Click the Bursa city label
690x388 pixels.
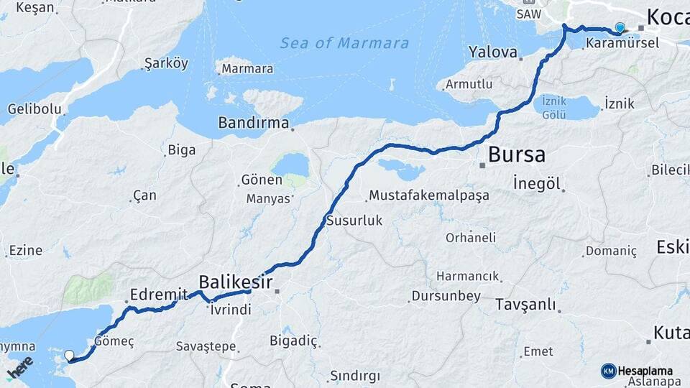(x=516, y=154)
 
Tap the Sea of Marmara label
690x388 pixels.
(x=344, y=43)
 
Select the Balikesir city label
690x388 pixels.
(x=235, y=281)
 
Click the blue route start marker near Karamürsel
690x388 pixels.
(x=620, y=28)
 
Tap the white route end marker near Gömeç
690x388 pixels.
(x=70, y=355)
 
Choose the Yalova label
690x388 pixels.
(x=493, y=52)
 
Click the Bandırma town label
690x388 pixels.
(x=254, y=123)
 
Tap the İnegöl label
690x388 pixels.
(x=537, y=183)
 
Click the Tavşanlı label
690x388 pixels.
(x=526, y=305)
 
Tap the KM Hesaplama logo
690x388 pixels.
(x=638, y=371)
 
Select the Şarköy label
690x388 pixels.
(x=166, y=63)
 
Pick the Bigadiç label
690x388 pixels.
(x=293, y=340)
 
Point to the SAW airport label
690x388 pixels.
(x=528, y=14)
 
